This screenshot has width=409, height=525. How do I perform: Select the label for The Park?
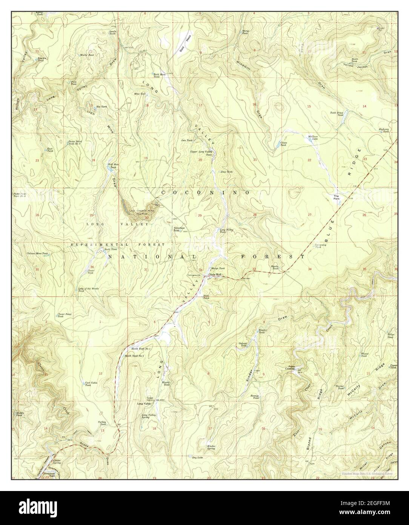[x=337, y=197]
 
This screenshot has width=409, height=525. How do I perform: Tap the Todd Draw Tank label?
[x=337, y=114]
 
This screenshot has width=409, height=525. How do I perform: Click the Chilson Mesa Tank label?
[x=37, y=253]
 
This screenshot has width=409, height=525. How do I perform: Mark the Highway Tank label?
[x=383, y=130]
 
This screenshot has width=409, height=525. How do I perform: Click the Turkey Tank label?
[x=103, y=423]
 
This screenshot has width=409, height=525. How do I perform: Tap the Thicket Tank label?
[x=341, y=387]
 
